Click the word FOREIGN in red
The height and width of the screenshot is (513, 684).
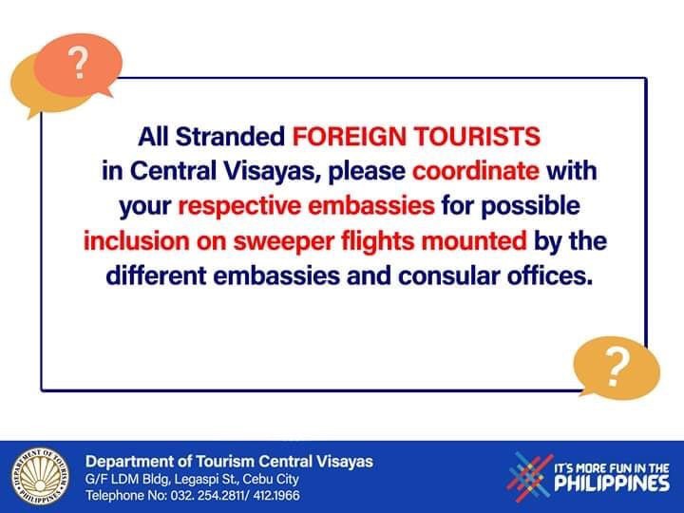[350, 136]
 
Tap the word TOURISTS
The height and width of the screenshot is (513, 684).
[477, 136]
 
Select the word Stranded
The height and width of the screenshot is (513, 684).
[230, 136]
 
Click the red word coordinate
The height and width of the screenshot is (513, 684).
[476, 171]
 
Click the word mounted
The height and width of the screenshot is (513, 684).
[474, 240]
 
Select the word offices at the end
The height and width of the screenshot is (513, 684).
[550, 276]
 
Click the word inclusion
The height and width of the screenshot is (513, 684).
[137, 240]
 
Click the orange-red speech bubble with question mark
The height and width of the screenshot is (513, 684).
[78, 65]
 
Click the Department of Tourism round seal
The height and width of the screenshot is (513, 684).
[40, 476]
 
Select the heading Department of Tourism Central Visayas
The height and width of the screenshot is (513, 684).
[229, 462]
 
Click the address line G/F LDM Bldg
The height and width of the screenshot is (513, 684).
[192, 479]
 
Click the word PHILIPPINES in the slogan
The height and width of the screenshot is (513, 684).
[612, 484]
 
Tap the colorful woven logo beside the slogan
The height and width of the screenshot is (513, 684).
[529, 476]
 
